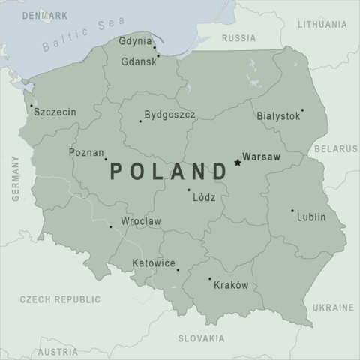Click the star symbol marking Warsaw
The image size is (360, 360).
[x=238, y=162]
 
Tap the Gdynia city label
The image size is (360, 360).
[x=135, y=42]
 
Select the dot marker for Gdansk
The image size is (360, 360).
[x=157, y=55]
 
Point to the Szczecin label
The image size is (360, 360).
[x=55, y=112]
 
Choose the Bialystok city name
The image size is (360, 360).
[x=277, y=117]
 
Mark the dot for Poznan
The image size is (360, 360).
[x=106, y=159]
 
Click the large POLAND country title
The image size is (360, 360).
[x=169, y=172]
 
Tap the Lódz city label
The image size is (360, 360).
[x=204, y=199]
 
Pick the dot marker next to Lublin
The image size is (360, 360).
[x=292, y=211]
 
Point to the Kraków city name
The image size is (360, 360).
[x=231, y=285]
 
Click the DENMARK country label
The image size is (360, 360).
[x=45, y=15]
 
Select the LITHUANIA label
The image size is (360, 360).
[x=322, y=25]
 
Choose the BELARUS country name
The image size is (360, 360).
[x=335, y=149]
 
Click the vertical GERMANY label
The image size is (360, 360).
[x=15, y=179]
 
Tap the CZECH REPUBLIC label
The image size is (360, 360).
[x=60, y=299]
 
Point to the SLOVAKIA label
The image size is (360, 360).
[x=201, y=338]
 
